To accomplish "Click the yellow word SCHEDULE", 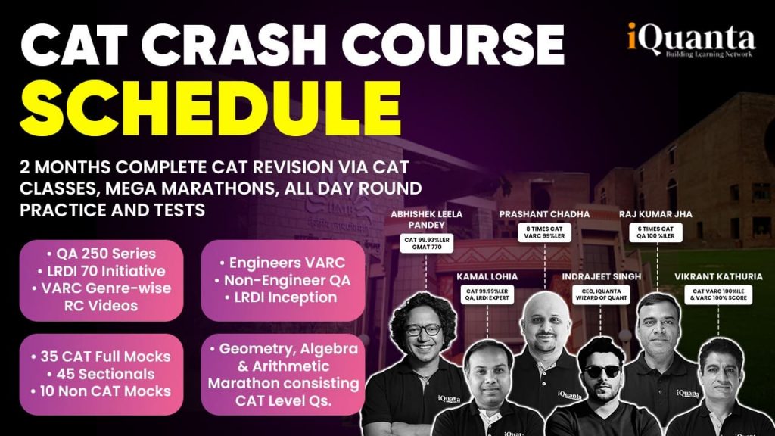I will pos(204,107).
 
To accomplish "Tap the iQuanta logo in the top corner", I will pos(689,39).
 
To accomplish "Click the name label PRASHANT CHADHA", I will pos(543,214).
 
